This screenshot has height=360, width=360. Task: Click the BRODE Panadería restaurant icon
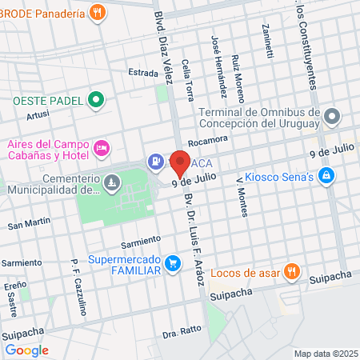(97, 11)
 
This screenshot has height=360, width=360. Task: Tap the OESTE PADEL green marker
(97, 101)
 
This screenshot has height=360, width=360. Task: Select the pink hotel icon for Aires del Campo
(102, 148)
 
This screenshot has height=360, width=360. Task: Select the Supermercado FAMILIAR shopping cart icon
(171, 262)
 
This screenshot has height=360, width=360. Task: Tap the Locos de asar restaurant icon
(293, 272)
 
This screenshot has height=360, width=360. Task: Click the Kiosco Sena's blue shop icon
(326, 175)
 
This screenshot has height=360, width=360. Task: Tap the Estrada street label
(144, 73)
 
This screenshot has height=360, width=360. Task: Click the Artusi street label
(38, 116)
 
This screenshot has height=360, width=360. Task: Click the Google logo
(27, 349)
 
